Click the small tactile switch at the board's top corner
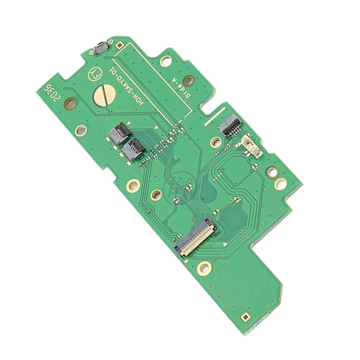point(101,48)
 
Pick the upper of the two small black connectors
point(120,134)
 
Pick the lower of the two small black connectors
point(134,150)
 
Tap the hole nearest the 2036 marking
point(70,103)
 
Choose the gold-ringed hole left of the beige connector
point(215,142)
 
